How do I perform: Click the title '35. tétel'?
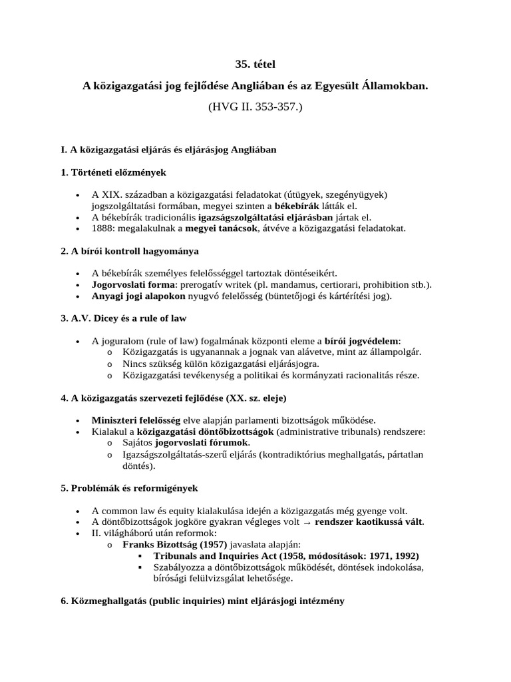[255, 64]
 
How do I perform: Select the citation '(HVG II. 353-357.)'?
[255, 107]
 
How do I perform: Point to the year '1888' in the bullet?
[103, 228]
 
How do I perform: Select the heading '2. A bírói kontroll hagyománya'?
[130, 251]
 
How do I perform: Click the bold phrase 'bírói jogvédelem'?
[361, 341]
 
